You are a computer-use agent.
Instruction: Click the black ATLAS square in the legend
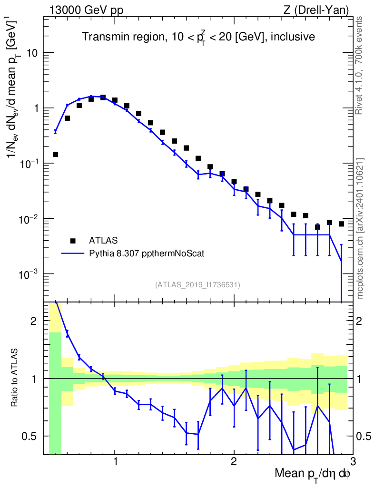pos(73,241)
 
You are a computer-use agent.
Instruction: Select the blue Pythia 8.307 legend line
pos(73,253)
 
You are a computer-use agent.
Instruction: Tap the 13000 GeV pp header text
pos(86,10)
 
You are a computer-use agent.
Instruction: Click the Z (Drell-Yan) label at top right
pos(316,10)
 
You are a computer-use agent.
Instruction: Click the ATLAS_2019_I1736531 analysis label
pos(197,284)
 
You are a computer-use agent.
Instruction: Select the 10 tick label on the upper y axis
pos(32,53)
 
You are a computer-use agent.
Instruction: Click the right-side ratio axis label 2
pos(359,321)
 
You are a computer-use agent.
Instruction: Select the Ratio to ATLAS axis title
pos(14,378)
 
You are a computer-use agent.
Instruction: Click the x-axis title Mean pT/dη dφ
pos(313,474)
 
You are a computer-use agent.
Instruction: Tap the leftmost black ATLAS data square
pos(55,155)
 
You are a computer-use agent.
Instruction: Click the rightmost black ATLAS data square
pos(341,224)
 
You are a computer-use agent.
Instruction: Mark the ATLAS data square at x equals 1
pos(115,100)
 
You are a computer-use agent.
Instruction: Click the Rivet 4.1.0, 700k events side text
pos(359,66)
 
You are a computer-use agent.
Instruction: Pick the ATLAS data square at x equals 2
pos(234,181)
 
